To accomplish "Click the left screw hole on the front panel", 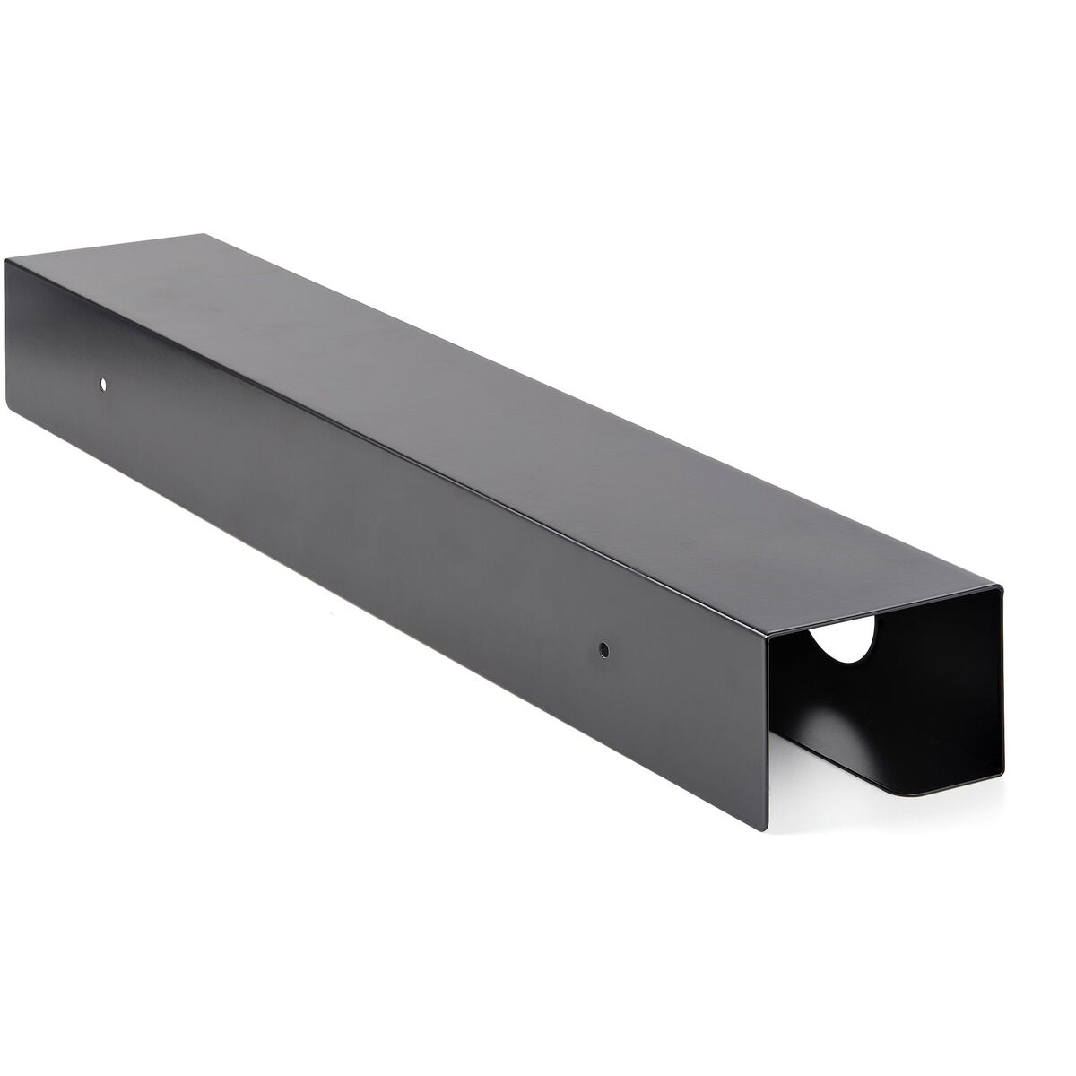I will tap(103, 385).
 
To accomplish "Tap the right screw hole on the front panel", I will tap(603, 646).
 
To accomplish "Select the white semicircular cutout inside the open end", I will tap(840, 647).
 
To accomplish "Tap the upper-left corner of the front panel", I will tap(6, 260).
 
